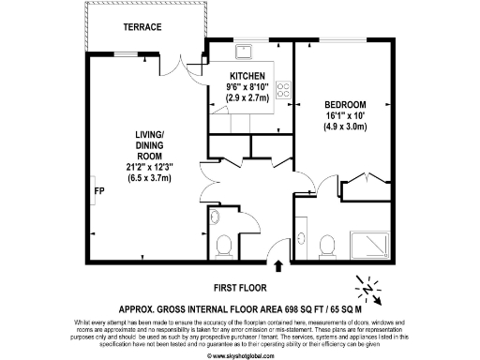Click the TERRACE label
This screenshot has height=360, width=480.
tap(142, 27)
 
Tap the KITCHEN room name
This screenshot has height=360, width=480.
tap(247, 75)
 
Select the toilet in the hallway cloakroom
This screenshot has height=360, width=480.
tap(223, 246)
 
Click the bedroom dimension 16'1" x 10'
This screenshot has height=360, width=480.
tap(345, 115)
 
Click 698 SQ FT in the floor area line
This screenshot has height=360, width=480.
tap(264, 307)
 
